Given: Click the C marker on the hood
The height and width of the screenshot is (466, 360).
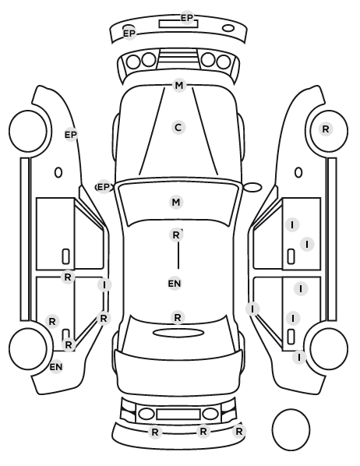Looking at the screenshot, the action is pyautogui.click(x=178, y=128).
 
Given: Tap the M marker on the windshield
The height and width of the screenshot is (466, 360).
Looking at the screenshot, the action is pyautogui.click(x=176, y=202).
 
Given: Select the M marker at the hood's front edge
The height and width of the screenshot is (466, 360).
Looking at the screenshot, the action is pyautogui.click(x=179, y=85).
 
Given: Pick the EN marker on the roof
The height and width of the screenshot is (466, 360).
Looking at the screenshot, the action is pyautogui.click(x=175, y=284).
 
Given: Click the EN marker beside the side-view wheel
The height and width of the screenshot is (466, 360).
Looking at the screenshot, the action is pyautogui.click(x=56, y=367).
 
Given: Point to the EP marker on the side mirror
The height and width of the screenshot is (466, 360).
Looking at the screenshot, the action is pyautogui.click(x=104, y=187).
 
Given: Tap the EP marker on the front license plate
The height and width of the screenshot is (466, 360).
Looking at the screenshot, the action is pyautogui.click(x=187, y=18).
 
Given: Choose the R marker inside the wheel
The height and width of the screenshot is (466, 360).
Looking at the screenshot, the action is pyautogui.click(x=326, y=129).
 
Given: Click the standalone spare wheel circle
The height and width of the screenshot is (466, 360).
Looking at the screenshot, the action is pyautogui.click(x=291, y=429).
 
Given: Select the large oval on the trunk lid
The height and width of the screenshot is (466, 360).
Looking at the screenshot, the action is pyautogui.click(x=178, y=333).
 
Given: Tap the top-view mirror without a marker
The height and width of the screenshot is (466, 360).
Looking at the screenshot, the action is pyautogui.click(x=252, y=187).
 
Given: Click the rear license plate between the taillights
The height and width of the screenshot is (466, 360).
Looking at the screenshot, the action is pyautogui.click(x=178, y=414).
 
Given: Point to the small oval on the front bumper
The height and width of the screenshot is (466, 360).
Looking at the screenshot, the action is pyautogui.click(x=228, y=28).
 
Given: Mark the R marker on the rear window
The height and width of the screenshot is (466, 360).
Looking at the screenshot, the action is pyautogui.click(x=178, y=317).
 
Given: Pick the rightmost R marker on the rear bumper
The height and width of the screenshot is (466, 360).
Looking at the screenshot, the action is pyautogui.click(x=239, y=431).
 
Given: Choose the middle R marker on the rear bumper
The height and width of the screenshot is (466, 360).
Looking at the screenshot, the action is pyautogui.click(x=203, y=431).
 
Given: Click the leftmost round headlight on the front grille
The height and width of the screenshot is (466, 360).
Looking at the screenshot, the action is pyautogui.click(x=133, y=62).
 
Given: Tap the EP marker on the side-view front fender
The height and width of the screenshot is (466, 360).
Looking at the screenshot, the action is pyautogui.click(x=71, y=135).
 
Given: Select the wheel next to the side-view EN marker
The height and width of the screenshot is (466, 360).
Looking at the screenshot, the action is pyautogui.click(x=28, y=348).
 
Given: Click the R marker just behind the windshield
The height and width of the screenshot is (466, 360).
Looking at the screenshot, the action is pyautogui.click(x=176, y=235).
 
